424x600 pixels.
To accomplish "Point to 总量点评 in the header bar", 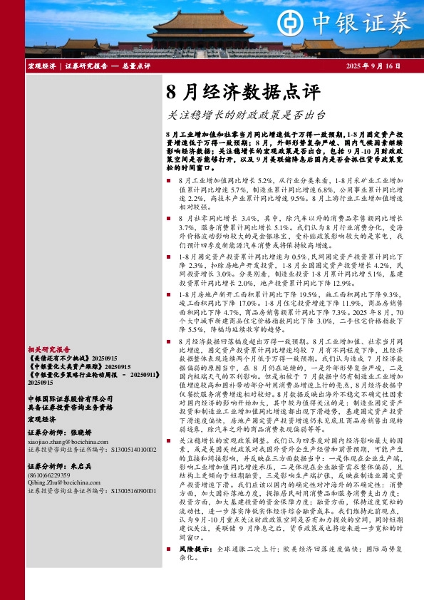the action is click(x=135, y=66).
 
